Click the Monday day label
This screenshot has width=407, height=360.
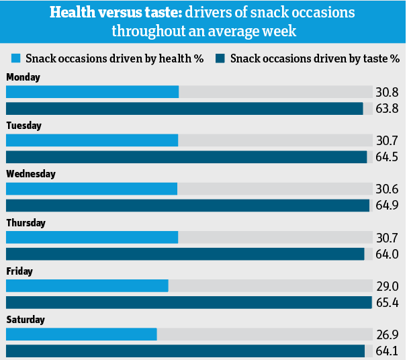point(23,77)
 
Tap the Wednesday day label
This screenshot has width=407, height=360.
point(30,174)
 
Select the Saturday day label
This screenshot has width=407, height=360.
point(26,320)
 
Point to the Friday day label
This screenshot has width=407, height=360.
point(19,271)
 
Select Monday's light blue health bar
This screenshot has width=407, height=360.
point(92,92)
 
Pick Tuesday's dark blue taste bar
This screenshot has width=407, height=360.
point(186,157)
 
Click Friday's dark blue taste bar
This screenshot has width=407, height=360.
point(188,302)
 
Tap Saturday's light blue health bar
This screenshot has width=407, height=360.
point(81,334)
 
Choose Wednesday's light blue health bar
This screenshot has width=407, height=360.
point(91,189)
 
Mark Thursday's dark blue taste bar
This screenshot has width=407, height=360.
point(185,254)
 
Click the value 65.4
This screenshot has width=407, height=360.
point(387,303)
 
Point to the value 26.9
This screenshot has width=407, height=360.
point(387,334)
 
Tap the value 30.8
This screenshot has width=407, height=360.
point(387,93)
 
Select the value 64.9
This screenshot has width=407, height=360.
point(387,206)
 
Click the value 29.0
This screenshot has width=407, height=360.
point(387,286)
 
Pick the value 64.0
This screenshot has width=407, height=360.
point(387,255)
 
